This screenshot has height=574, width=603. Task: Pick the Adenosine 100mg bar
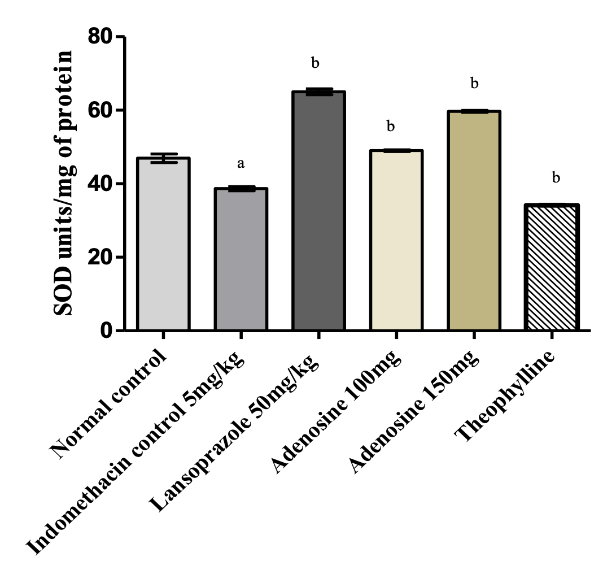[396, 240]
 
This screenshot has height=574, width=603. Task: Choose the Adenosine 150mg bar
[474, 220]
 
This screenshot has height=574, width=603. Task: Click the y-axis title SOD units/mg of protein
[63, 183]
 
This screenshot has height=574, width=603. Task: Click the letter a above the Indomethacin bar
[241, 164]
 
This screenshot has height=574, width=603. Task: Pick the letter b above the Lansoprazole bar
[315, 63]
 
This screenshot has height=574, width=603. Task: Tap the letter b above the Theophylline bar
[556, 178]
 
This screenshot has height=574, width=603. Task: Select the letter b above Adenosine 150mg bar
[474, 84]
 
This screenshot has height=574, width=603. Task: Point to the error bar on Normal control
[163, 158]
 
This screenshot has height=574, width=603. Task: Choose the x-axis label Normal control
[111, 404]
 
